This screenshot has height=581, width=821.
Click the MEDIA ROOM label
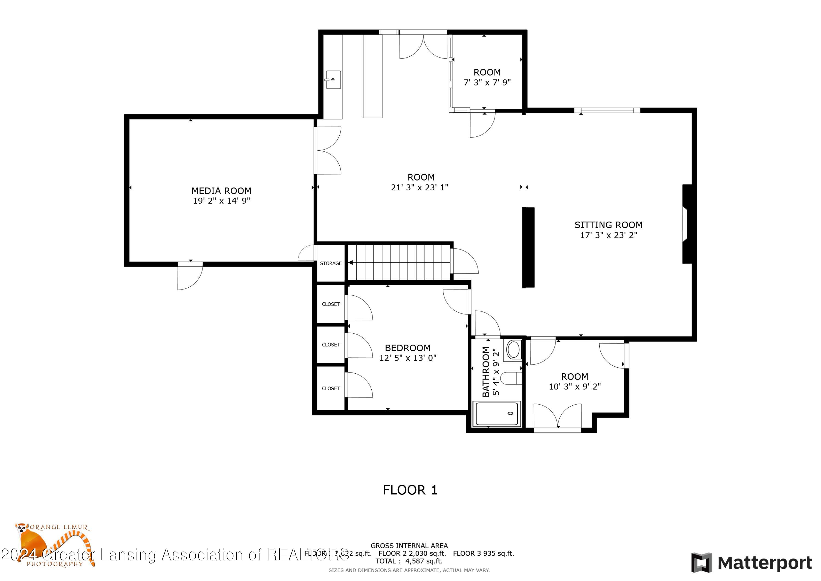point(221,191)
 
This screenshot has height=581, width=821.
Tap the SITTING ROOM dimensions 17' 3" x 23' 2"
point(608,235)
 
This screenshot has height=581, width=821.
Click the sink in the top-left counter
point(333,80)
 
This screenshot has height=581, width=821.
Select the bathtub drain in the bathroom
point(511,413)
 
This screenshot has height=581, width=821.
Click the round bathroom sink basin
point(513,350)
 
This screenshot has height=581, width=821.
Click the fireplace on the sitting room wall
point(687,224)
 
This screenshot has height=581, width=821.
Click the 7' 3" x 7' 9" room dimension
point(487,83)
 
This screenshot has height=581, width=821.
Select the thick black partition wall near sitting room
point(528,247)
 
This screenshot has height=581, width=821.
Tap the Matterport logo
point(751,563)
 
